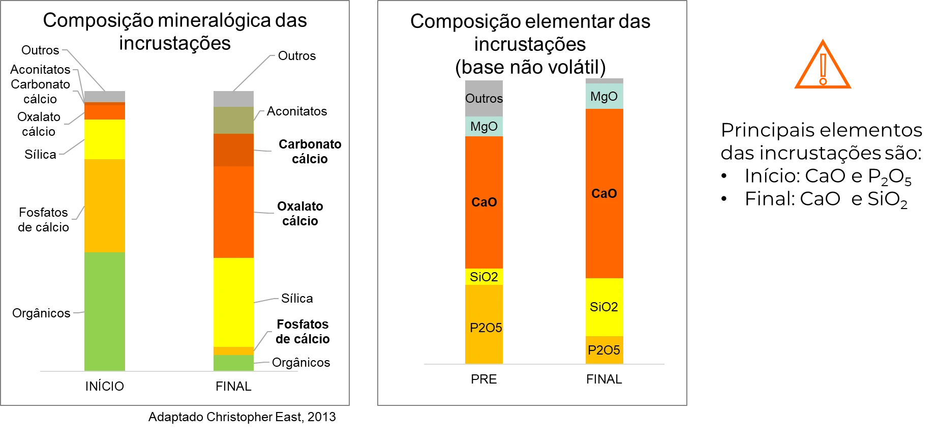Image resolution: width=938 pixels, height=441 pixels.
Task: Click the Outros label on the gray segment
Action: [x=484, y=98]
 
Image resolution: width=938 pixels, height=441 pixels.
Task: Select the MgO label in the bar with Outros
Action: [x=484, y=126]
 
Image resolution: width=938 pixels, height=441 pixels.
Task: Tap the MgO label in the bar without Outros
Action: [x=604, y=96]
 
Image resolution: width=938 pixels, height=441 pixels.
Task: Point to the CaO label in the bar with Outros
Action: [x=484, y=202]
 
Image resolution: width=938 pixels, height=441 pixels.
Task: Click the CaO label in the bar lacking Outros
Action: [x=604, y=193]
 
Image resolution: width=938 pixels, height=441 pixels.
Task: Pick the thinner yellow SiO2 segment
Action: [x=484, y=277]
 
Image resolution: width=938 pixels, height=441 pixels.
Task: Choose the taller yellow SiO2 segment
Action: [x=604, y=307]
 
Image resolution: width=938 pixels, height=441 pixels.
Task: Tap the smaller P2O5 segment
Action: [x=604, y=350]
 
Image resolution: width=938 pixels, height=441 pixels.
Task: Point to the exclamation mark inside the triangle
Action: [x=823, y=69]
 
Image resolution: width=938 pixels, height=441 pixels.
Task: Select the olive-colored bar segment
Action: [x=233, y=120]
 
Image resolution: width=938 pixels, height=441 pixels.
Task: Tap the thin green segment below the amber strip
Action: [x=233, y=363]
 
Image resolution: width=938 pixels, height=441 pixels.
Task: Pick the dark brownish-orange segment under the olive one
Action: [x=233, y=150]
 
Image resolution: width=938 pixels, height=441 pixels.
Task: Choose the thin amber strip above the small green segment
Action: [x=233, y=351]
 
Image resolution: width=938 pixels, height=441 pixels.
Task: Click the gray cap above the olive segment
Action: [x=233, y=98]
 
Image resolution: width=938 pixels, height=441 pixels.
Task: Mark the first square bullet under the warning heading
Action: [x=724, y=176]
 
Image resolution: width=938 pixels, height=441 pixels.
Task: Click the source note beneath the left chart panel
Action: [x=242, y=418]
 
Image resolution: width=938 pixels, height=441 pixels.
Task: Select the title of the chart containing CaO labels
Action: [x=530, y=43]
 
